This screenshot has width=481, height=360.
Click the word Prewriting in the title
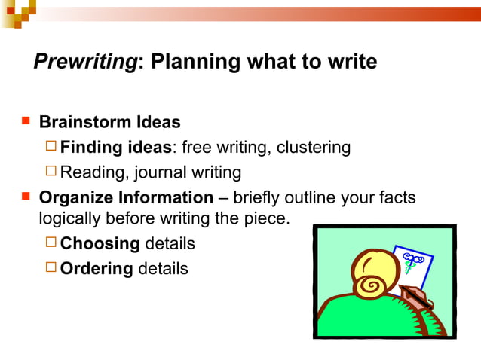click(x=84, y=62)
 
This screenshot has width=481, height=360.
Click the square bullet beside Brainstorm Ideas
click(x=26, y=121)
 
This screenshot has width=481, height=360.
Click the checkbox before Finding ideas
click(x=51, y=146)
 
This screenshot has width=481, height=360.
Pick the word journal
click(x=161, y=172)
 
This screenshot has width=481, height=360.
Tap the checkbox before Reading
click(x=51, y=172)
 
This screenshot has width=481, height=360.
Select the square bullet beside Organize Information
click(x=26, y=197)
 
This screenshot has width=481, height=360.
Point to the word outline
click(x=313, y=198)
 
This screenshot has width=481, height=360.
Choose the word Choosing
click(x=100, y=244)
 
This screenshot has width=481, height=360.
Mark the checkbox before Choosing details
click(x=51, y=243)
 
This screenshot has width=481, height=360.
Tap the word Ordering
click(x=97, y=269)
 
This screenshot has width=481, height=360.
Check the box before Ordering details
click(x=51, y=267)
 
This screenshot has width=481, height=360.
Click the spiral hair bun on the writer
click(x=372, y=285)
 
